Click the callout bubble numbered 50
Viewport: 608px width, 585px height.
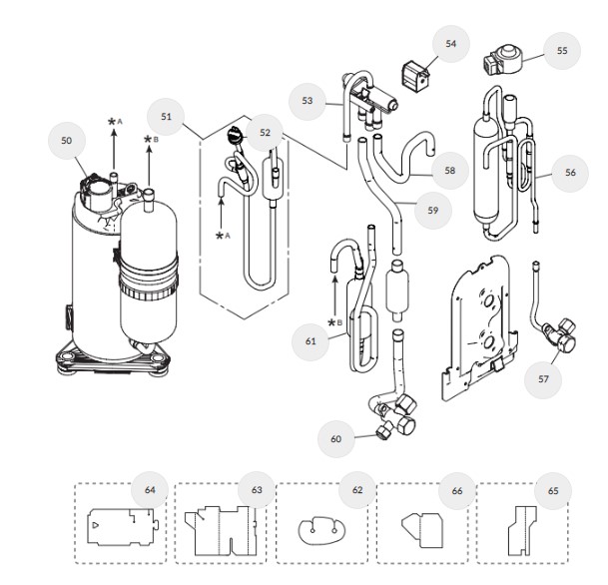[x=67, y=142]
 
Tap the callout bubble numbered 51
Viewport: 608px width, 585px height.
[x=167, y=118]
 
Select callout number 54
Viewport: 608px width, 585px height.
[x=451, y=44]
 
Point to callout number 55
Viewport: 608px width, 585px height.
[x=562, y=51]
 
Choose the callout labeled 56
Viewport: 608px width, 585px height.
[x=570, y=173]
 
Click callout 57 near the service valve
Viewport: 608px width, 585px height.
[x=541, y=380]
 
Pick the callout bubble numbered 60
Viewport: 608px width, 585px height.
[x=336, y=436]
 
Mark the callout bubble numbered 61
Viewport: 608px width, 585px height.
[x=310, y=340]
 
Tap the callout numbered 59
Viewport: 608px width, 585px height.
[x=432, y=211]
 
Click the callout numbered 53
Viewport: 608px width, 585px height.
[x=307, y=100]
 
